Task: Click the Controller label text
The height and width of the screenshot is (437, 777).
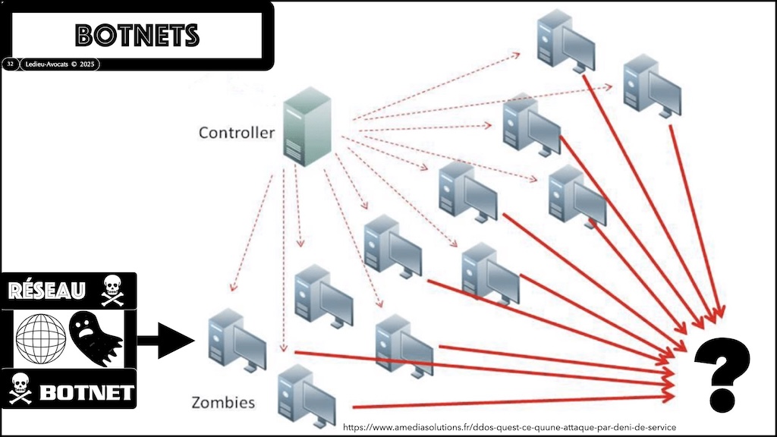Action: tap(236, 133)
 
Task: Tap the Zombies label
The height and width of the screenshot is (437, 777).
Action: tap(222, 402)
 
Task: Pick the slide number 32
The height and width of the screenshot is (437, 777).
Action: tap(11, 64)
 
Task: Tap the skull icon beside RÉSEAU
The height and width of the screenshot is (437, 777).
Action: tap(112, 288)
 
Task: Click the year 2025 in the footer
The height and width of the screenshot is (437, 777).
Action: tap(87, 64)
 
